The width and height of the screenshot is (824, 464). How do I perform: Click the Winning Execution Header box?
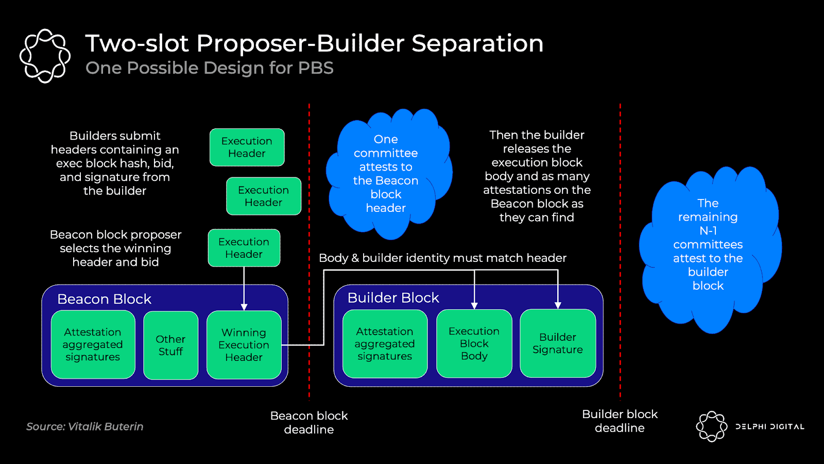pos(244,345)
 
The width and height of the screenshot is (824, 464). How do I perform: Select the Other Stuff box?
pos(170,345)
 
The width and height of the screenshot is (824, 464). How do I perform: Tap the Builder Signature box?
pos(558,343)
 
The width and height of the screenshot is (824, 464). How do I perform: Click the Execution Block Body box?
pos(474,343)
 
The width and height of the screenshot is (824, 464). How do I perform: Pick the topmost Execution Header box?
pos(247,147)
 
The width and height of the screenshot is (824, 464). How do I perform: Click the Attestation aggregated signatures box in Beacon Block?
pos(93,344)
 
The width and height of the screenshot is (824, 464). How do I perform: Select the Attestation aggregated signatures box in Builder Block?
pos(385,344)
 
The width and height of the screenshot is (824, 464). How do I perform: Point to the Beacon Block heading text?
pos(104,299)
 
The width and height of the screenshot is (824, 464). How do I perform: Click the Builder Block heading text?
pos(393,297)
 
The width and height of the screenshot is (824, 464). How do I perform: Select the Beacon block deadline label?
pos(309,422)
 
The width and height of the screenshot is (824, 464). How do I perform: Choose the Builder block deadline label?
pos(620,421)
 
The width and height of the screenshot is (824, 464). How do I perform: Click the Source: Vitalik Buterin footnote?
pos(85,426)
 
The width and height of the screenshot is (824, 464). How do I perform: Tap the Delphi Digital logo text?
pos(769,427)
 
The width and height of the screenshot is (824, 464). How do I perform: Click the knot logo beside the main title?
pos(45,56)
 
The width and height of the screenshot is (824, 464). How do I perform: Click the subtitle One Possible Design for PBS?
pos(210,68)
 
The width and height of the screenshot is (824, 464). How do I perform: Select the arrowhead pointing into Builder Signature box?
pos(558,305)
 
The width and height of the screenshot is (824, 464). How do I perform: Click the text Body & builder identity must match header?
pos(442,258)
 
